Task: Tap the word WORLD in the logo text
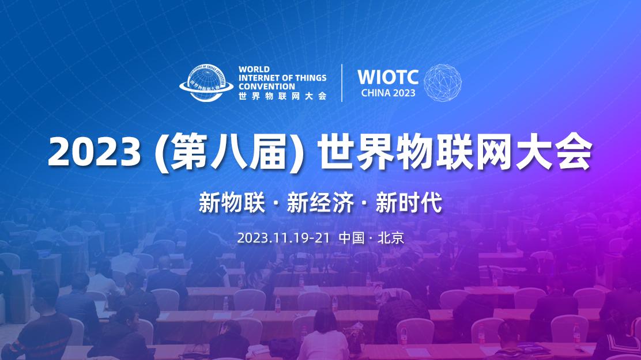pyautogui.click(x=253, y=69)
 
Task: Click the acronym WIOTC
pyautogui.click(x=387, y=77)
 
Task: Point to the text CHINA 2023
pyautogui.click(x=387, y=93)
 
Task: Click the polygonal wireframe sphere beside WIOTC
pyautogui.click(x=443, y=82)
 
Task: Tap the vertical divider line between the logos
pyautogui.click(x=342, y=82)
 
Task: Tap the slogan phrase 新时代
pyautogui.click(x=409, y=203)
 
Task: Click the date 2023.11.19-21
pyautogui.click(x=283, y=238)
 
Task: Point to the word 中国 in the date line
pyautogui.click(x=351, y=238)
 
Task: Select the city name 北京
pyautogui.click(x=390, y=238)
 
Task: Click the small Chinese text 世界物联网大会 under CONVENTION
pyautogui.click(x=282, y=96)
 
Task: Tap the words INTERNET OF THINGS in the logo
pyautogui.click(x=282, y=78)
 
